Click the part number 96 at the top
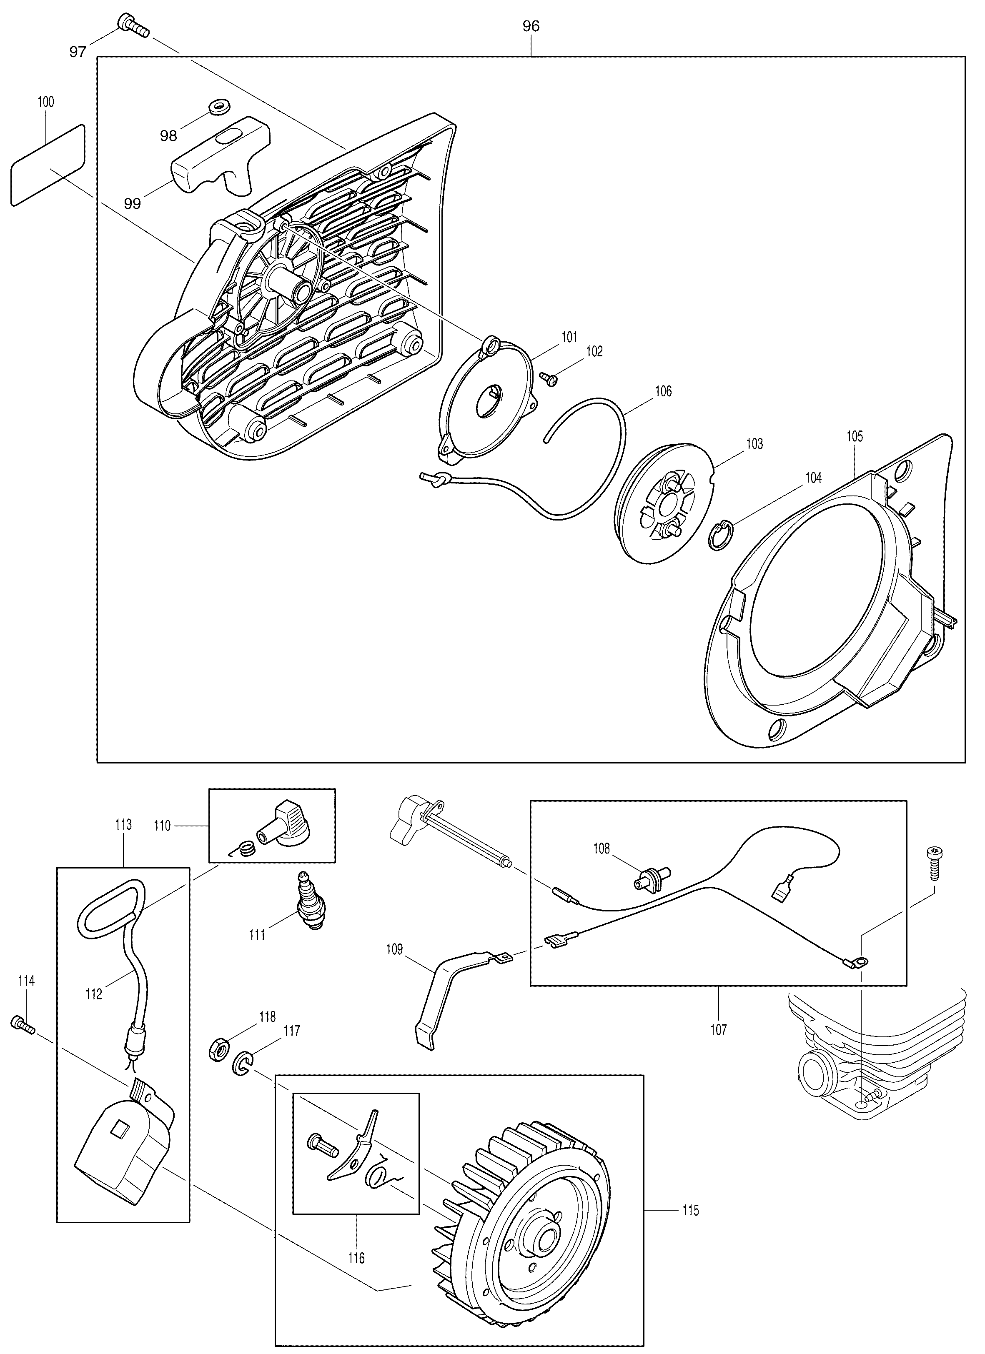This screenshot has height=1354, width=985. pos(531,26)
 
